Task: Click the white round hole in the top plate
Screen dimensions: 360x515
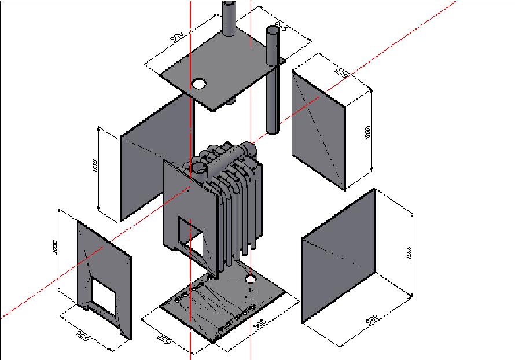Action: click(199, 84)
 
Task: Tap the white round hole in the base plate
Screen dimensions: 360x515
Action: click(251, 280)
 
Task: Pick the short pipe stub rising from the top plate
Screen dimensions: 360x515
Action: click(229, 17)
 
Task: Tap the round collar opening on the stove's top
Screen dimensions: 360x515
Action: click(198, 168)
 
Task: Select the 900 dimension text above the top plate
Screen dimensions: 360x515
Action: click(178, 38)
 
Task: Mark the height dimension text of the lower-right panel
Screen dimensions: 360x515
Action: click(409, 253)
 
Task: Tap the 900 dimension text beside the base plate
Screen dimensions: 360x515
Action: click(260, 325)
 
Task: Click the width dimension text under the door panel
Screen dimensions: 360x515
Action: click(83, 333)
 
